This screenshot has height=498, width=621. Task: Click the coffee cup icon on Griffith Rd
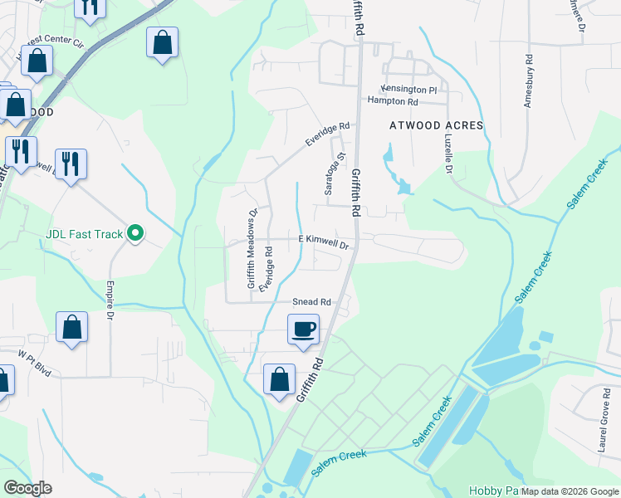[303, 329]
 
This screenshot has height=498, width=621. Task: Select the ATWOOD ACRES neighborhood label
[437, 125]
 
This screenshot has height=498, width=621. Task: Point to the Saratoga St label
[340, 173]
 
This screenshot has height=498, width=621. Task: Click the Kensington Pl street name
[408, 89]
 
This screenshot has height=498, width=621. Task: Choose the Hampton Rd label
[394, 101]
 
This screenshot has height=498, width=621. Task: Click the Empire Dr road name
[109, 299]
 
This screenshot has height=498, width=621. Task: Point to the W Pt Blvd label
[35, 363]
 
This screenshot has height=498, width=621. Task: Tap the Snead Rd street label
[311, 302]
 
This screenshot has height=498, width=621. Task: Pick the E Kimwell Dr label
[323, 241]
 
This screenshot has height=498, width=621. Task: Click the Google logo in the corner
[27, 488]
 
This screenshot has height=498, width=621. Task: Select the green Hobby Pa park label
[492, 491]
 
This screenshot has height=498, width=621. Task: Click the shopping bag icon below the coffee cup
[279, 378]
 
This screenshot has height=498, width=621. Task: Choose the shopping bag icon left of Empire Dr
[72, 327]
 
